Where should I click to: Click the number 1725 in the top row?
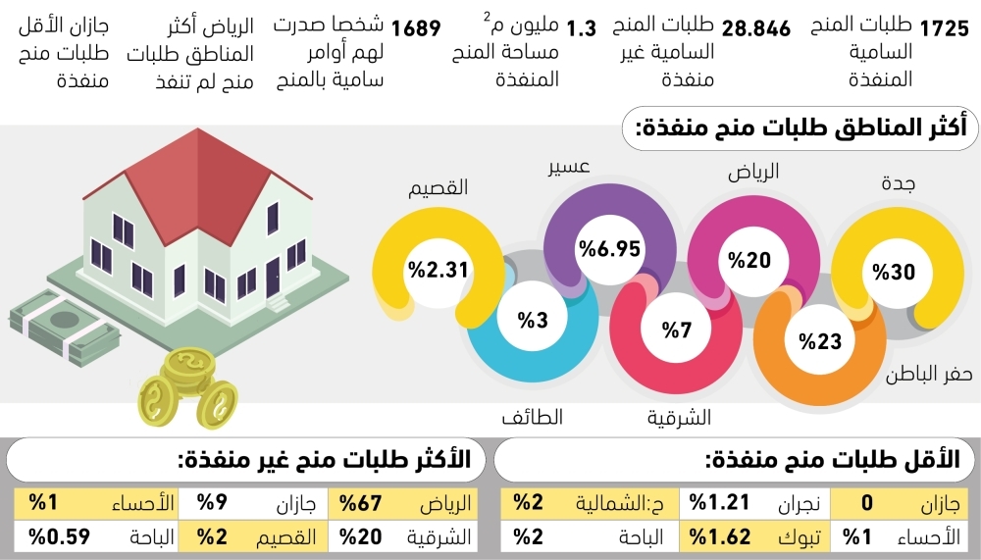(945, 28)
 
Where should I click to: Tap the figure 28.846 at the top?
(755, 28)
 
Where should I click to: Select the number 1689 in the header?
(416, 28)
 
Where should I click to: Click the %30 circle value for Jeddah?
(894, 273)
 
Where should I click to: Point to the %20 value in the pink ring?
(749, 260)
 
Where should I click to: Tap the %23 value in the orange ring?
(820, 341)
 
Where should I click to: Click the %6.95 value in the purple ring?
(610, 248)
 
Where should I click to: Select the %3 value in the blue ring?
(533, 320)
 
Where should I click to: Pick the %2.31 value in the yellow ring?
(438, 270)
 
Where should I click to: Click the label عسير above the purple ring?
(569, 167)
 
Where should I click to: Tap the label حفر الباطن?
(928, 375)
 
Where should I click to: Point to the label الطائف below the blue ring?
(533, 417)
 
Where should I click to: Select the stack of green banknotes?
(64, 327)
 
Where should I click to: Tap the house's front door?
(273, 278)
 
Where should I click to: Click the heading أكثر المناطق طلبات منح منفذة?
(801, 128)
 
